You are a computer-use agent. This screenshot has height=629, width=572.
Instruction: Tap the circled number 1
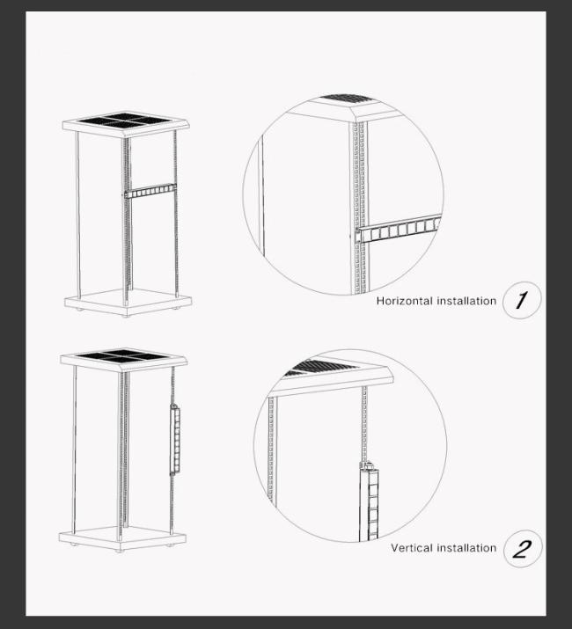(522, 300)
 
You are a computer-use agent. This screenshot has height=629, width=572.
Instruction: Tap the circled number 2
(523, 549)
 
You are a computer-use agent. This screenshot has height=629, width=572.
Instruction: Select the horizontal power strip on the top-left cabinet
(150, 191)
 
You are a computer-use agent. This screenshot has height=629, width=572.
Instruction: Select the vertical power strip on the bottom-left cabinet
(174, 440)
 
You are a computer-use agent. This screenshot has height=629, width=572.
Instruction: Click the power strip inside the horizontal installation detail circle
(399, 230)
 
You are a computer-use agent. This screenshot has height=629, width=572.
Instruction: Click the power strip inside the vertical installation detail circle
(369, 501)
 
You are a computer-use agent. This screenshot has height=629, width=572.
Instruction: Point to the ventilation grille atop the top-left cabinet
(126, 120)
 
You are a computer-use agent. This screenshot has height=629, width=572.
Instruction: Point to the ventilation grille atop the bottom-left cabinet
(123, 355)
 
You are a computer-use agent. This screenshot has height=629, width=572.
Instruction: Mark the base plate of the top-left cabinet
(128, 303)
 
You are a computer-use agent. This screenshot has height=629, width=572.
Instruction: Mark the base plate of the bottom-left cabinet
(122, 538)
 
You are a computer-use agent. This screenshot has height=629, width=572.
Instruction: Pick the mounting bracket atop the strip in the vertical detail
(368, 466)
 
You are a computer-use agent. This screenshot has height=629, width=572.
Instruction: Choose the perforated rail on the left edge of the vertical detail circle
(271, 450)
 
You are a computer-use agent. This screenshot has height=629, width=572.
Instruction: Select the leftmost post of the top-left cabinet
(77, 215)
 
